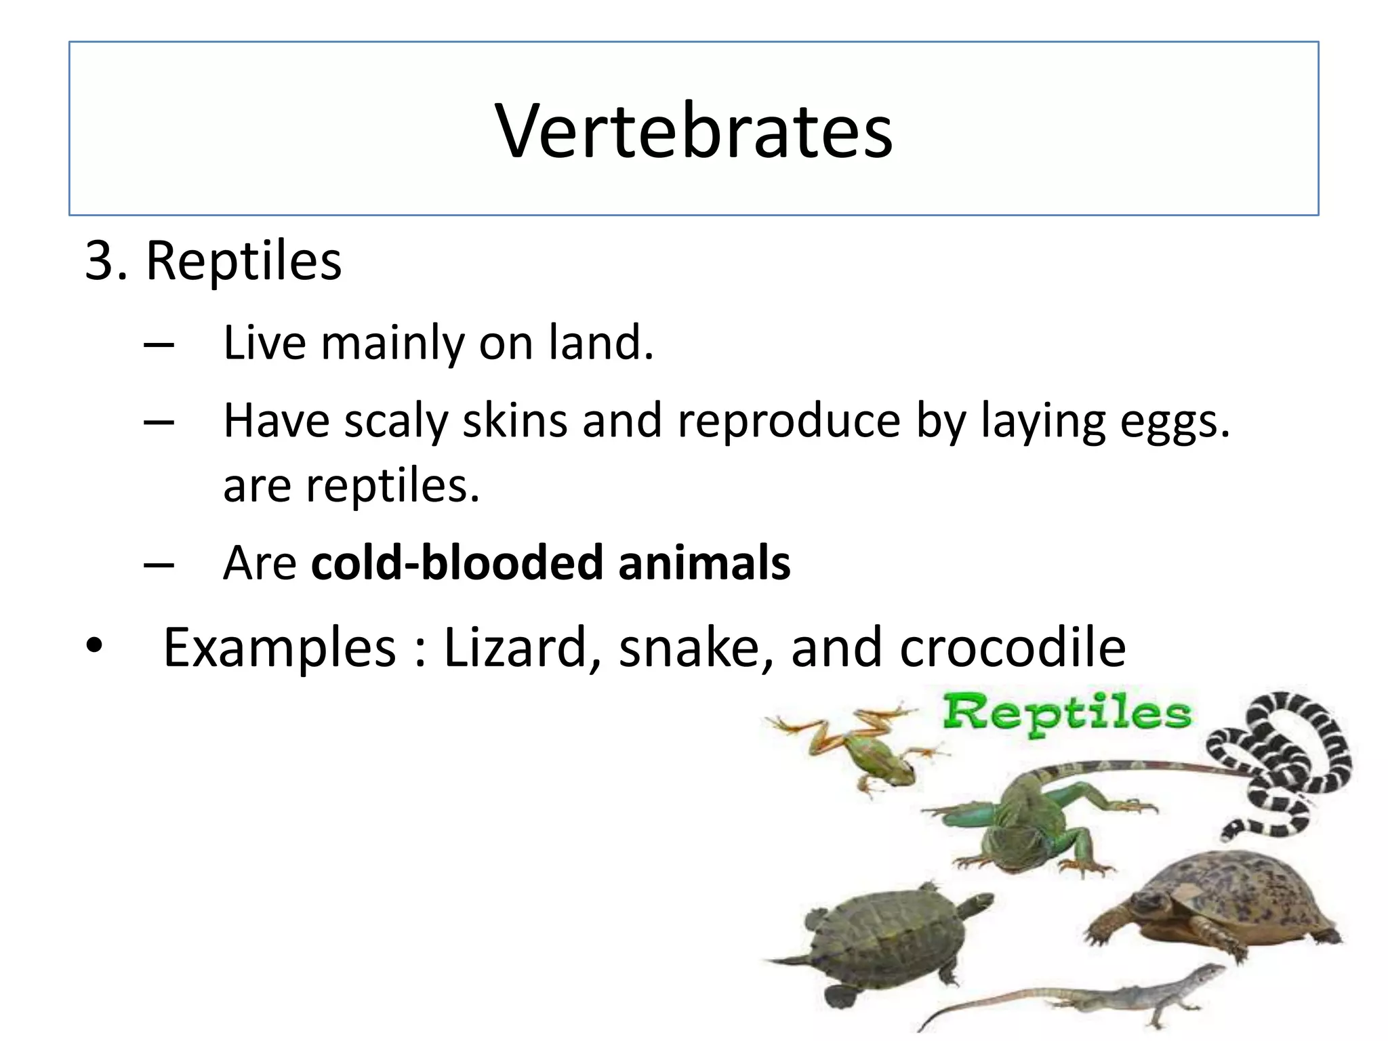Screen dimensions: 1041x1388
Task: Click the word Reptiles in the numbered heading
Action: coord(243,261)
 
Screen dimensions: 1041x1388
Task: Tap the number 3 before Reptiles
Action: coord(100,261)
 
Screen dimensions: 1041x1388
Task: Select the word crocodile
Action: coord(1013,649)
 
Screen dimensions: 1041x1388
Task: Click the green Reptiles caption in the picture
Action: coord(1067,713)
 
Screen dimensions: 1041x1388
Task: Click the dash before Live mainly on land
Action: coord(159,344)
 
